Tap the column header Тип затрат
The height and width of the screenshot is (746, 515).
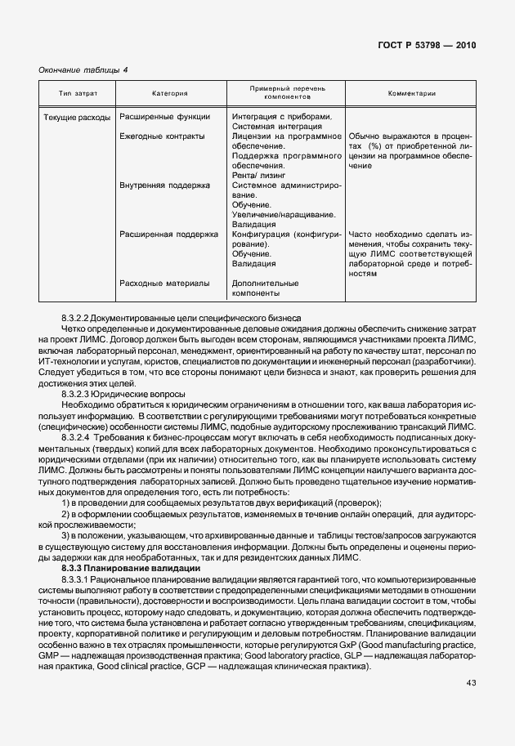[x=77, y=94]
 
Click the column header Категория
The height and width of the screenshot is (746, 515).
[x=170, y=94]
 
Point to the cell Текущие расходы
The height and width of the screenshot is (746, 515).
[x=76, y=118]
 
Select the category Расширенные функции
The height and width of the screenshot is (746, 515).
[x=164, y=118]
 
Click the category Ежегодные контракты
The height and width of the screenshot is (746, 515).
[x=162, y=136]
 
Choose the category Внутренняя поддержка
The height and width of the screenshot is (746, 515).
[x=164, y=185]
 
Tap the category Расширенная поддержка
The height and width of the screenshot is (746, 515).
[x=168, y=235]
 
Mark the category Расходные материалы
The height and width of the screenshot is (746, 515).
[x=164, y=284]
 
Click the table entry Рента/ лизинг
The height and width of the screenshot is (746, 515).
[x=258, y=176]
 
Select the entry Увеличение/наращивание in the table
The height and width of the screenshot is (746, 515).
[x=283, y=215]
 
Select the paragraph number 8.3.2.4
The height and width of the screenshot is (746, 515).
[x=79, y=438]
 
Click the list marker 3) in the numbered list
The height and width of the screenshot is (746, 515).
[x=67, y=535]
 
